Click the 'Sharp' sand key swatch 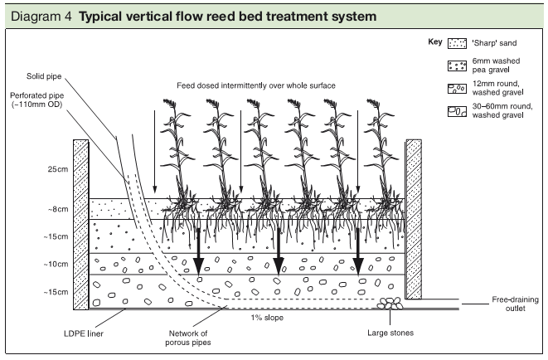pyautogui.click(x=457, y=43)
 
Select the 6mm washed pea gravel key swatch pyautogui.click(x=457, y=64)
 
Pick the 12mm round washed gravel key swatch pyautogui.click(x=457, y=85)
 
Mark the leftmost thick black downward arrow pyautogui.click(x=198, y=254)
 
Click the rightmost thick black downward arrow pyautogui.click(x=359, y=254)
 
